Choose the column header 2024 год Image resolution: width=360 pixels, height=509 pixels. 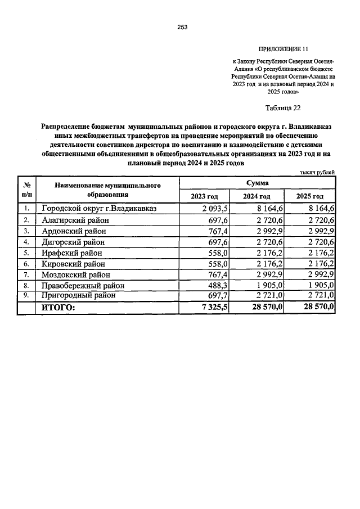(x=256, y=196)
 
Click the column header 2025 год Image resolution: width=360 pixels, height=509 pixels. (x=309, y=196)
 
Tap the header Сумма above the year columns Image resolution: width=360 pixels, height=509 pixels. (x=257, y=183)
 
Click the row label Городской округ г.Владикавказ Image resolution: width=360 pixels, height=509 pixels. (x=98, y=209)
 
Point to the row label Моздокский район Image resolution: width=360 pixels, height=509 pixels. (x=76, y=274)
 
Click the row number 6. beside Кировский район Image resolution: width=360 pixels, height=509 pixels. (x=26, y=263)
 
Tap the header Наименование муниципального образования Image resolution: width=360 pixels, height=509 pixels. (x=107, y=190)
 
